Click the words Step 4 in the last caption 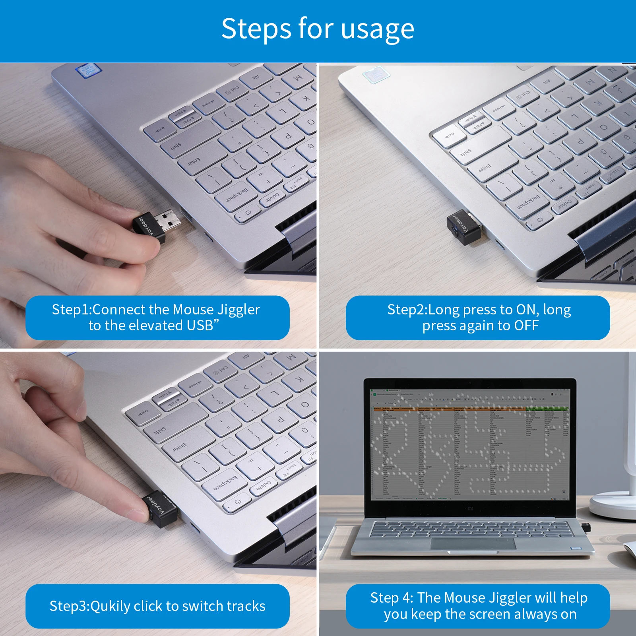[x=391, y=598]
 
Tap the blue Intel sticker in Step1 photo [x=88, y=70]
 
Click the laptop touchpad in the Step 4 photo [x=473, y=543]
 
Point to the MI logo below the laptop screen [x=470, y=508]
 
